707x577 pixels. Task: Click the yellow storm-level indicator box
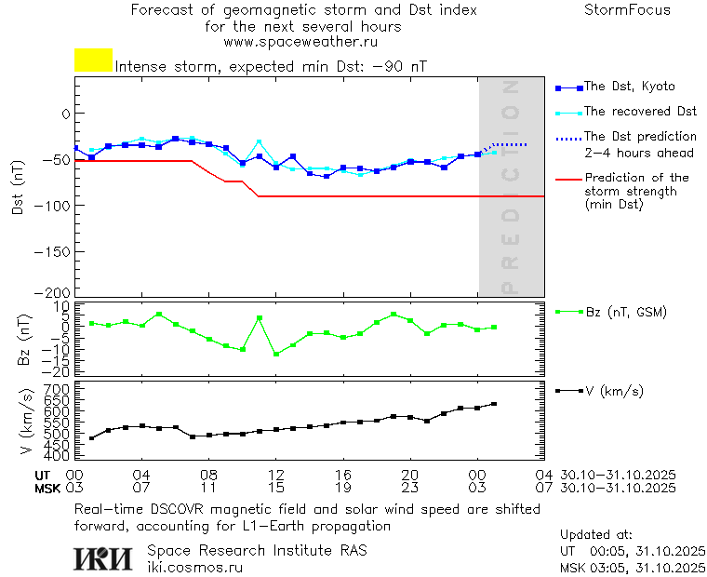[93, 60]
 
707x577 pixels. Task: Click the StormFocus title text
[627, 10]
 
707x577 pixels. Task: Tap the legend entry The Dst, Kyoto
[629, 87]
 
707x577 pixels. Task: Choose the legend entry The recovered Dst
[640, 112]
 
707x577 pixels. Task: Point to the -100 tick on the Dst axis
[53, 204]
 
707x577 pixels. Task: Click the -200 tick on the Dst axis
[53, 292]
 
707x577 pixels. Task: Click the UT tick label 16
[343, 475]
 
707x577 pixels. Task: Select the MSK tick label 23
[410, 488]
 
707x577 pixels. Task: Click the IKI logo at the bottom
[103, 557]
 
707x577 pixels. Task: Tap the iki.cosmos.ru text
[194, 566]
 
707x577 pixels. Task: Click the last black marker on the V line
[494, 404]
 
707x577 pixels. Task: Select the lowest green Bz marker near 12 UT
[276, 355]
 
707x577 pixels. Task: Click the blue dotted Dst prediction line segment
[510, 144]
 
